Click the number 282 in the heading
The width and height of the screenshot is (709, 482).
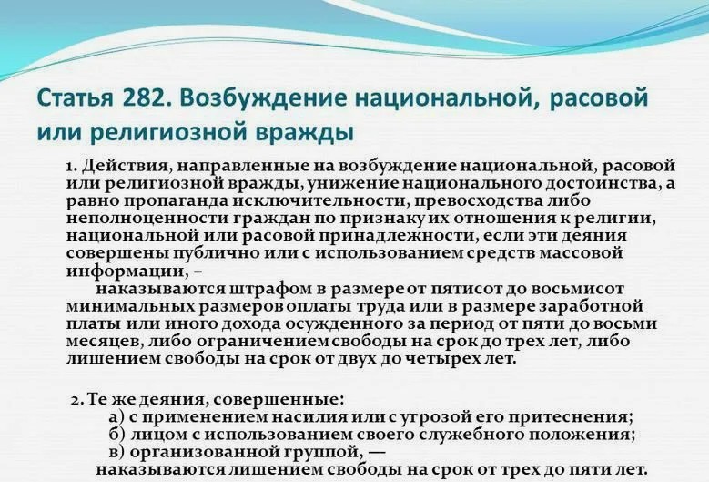click(146, 98)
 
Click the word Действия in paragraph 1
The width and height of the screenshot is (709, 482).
click(124, 166)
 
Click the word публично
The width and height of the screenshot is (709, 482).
click(217, 253)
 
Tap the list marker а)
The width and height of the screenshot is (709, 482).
click(117, 416)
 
